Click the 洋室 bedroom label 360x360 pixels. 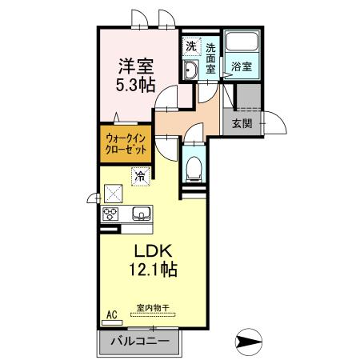coord(136,66)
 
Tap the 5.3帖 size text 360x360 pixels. coord(135,85)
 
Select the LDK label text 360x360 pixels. coord(153,251)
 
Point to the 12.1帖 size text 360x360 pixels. coord(154,269)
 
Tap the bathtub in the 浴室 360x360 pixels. coord(242,41)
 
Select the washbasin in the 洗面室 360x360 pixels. coord(190,70)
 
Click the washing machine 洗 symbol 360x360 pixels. coord(191,46)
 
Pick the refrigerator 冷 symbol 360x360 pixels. coord(140,176)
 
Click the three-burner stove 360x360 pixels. coord(110,214)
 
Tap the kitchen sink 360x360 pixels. coord(142,214)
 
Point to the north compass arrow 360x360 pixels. coord(249,342)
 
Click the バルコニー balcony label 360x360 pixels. coord(140,341)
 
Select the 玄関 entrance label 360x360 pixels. coord(242,123)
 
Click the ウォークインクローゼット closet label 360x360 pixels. coord(126,144)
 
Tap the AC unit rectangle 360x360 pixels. coord(112,322)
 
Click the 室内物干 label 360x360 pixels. coord(153,308)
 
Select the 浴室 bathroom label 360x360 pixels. coord(242,66)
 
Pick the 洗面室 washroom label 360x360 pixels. coord(210,58)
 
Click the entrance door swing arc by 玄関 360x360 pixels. coord(279,118)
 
